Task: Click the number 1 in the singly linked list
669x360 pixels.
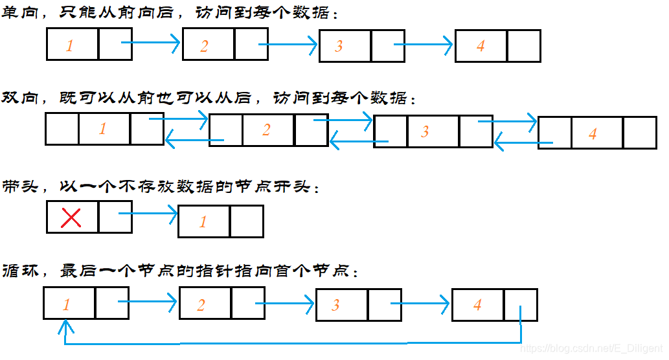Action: (70, 45)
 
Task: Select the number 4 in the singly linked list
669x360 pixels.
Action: (481, 46)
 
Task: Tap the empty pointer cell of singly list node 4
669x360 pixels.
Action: (523, 46)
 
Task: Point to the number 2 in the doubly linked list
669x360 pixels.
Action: (266, 130)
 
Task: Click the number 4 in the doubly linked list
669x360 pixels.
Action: (593, 134)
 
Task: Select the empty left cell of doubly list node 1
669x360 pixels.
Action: (62, 129)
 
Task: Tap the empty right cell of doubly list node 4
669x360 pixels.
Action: (640, 133)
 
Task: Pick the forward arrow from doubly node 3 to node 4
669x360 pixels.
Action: (508, 121)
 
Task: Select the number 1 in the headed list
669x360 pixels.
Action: (203, 222)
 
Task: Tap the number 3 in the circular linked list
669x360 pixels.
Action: (335, 305)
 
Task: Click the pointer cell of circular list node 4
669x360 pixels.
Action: (520, 304)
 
